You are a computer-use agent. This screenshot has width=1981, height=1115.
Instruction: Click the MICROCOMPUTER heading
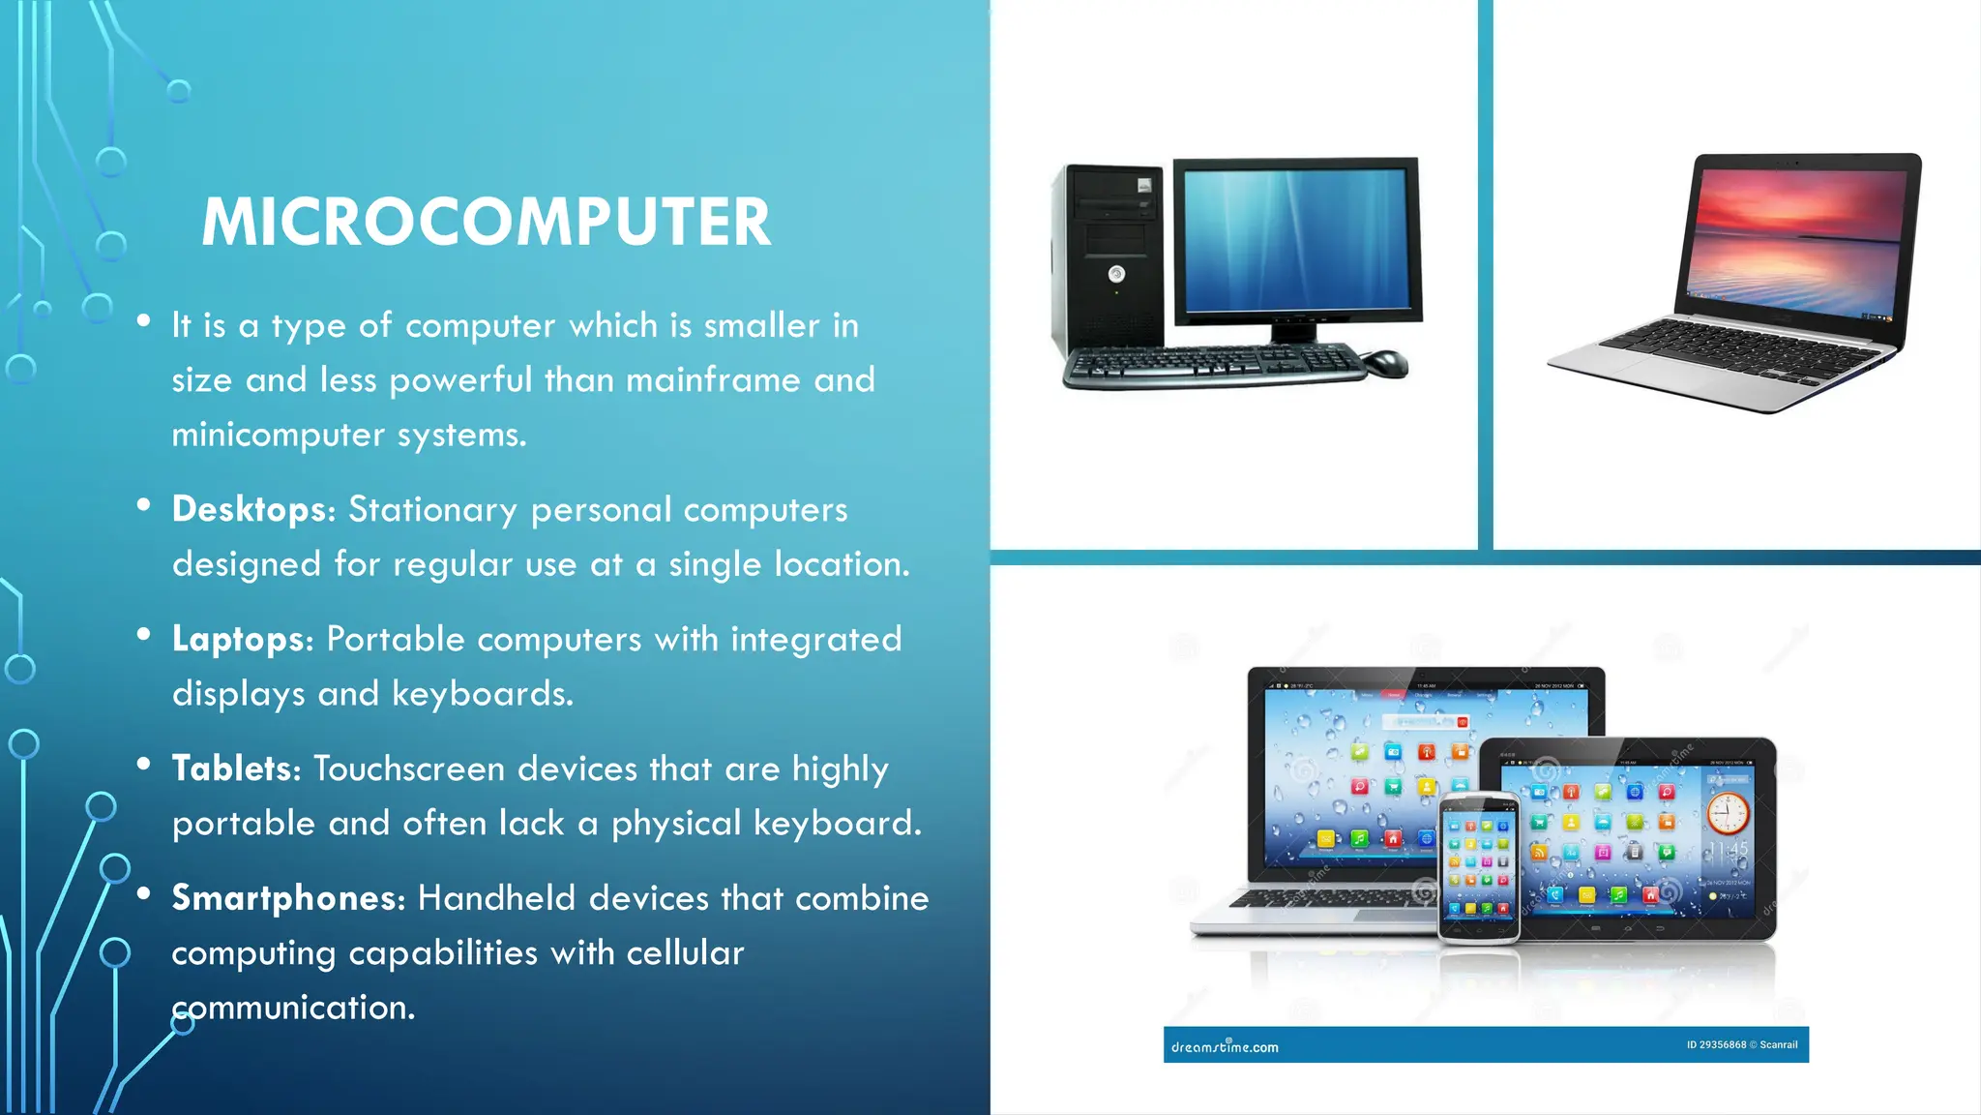pos(487,223)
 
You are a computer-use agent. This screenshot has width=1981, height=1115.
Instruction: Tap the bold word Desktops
pos(251,509)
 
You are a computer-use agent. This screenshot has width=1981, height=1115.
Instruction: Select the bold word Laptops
pos(240,639)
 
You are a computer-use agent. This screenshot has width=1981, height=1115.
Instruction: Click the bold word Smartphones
pos(286,898)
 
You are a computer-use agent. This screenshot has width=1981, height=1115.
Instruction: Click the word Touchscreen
pos(409,768)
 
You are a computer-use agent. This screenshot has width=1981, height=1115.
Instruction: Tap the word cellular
pos(685,953)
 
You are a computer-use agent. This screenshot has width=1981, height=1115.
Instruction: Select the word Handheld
pos(496,898)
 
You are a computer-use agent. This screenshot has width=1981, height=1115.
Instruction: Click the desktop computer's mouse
pos(1385,363)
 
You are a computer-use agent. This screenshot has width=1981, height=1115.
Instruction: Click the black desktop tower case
pos(1109,256)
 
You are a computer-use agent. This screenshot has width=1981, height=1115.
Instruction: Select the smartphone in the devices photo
pos(1478,867)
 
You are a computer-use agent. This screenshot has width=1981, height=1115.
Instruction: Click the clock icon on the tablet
pos(1728,813)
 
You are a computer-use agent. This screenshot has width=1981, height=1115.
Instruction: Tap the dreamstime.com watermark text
pos(1225,1046)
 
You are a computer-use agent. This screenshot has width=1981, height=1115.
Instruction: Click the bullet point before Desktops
pos(144,504)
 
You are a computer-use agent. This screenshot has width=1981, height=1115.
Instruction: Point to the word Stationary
pos(432,510)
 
